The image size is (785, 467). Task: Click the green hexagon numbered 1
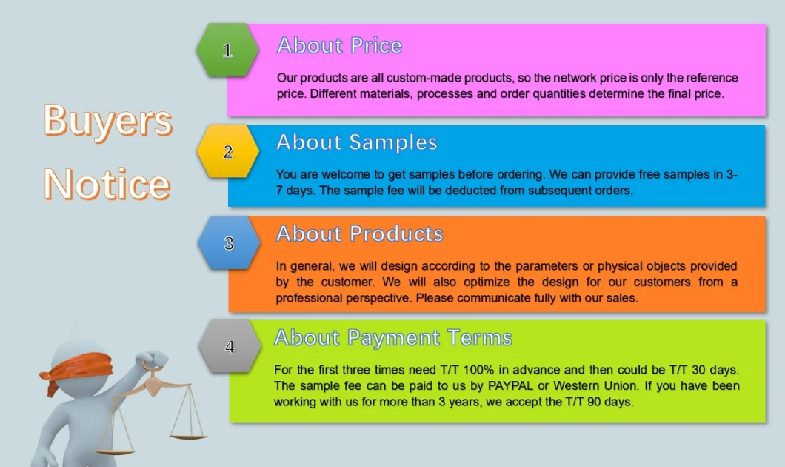click(x=227, y=50)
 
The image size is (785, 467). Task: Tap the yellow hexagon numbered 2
click(x=228, y=151)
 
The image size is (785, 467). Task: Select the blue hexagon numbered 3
click(x=229, y=243)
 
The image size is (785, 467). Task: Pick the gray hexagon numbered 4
click(x=230, y=346)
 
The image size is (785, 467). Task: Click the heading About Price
click(x=339, y=46)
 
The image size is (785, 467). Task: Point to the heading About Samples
click(x=357, y=143)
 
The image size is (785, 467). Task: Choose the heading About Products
click(x=359, y=234)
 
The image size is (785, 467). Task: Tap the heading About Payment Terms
click(x=393, y=338)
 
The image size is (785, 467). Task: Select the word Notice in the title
click(x=107, y=184)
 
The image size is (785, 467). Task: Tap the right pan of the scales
click(x=188, y=437)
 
